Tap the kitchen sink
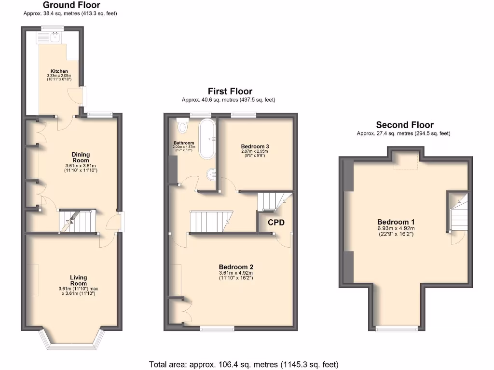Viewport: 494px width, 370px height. [x=54, y=37]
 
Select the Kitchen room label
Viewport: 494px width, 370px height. [x=59, y=71]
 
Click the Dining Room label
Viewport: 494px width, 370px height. [x=81, y=158]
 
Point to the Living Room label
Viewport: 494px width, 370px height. [x=78, y=280]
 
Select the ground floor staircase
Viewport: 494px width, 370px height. [x=77, y=222]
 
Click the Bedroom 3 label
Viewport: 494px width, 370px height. [x=254, y=146]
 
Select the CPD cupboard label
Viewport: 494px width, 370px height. [x=276, y=223]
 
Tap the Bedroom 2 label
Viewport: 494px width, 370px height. [x=236, y=267]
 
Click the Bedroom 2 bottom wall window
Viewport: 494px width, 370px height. [x=218, y=329]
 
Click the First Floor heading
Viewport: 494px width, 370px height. [x=230, y=91]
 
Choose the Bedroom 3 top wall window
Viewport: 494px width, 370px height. [x=243, y=115]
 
